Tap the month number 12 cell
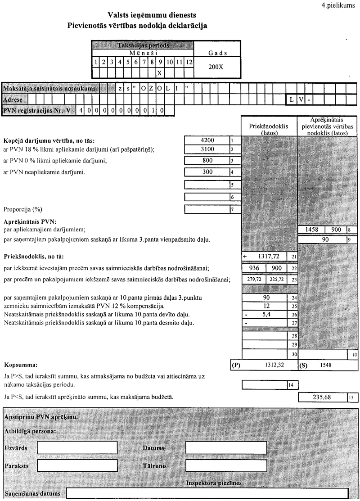(x=189, y=62)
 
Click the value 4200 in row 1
(x=207, y=140)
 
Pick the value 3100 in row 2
(x=207, y=149)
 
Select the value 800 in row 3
(x=207, y=160)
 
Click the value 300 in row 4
(x=207, y=172)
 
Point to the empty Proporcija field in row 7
(x=207, y=209)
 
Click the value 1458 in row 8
(x=311, y=230)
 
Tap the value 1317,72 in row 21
(x=268, y=256)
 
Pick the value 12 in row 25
(x=265, y=306)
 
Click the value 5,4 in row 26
(x=265, y=314)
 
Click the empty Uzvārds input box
(x=77, y=448)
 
